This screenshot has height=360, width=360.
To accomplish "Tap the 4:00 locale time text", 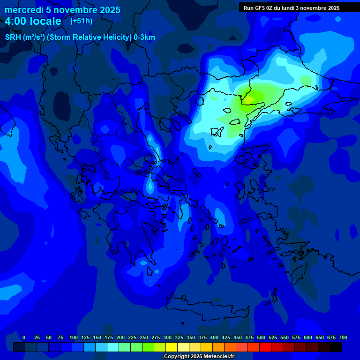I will [x=33, y=21].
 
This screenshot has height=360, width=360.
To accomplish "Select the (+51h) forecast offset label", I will [x=81, y=21].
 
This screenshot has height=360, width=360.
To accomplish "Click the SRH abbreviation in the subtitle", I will [x=13, y=37].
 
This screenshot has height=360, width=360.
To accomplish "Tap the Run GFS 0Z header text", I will [x=260, y=8].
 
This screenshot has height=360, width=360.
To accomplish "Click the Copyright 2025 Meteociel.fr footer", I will [x=198, y=356].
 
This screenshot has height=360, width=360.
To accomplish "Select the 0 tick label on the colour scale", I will [x=24, y=337].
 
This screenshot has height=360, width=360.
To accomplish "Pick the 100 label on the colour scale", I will [x=73, y=337].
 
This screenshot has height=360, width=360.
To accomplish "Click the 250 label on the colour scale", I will [x=143, y=337].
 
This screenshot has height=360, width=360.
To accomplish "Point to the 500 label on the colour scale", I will [x=261, y=337].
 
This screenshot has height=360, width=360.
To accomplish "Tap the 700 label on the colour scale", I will [x=343, y=337].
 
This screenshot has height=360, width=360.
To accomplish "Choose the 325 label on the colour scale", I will [x=179, y=337].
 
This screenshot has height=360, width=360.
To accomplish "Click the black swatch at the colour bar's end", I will [x=336, y=347].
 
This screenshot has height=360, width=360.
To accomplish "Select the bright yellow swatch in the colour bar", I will [x=172, y=347].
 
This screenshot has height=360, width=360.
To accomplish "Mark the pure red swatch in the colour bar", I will [x=265, y=347].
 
